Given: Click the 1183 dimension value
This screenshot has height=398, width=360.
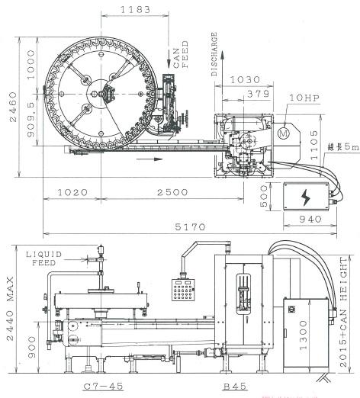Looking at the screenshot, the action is click(135, 10).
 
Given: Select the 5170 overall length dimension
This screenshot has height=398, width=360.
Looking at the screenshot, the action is click(190, 226).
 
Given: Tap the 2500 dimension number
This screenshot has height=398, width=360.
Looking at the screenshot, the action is click(172, 192).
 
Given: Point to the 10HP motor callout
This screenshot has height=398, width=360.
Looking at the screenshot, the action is click(304, 98).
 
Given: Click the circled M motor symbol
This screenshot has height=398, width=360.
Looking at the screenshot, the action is click(284, 133).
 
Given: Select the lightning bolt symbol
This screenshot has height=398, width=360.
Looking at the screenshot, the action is click(306, 197).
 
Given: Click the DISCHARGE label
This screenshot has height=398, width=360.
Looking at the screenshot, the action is click(214, 54).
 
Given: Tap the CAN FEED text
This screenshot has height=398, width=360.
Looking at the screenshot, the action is click(181, 54).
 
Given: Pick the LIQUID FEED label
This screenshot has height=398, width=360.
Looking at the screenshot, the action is click(44, 258).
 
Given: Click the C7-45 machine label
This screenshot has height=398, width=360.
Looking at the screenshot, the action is click(104, 387).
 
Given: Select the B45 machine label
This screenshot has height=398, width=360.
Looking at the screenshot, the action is click(235, 387).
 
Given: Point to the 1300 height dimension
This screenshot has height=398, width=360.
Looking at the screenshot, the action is click(304, 335).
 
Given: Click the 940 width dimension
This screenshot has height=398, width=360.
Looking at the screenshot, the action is click(310, 219).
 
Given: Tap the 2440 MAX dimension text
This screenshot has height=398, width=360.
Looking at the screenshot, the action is click(10, 309).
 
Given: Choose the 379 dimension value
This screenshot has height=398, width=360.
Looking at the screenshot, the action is click(258, 94).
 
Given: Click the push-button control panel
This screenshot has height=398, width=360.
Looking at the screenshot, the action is click(183, 290).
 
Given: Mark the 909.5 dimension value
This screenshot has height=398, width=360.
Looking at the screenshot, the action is click(31, 120).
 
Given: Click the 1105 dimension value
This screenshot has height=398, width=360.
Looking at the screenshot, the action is click(314, 145).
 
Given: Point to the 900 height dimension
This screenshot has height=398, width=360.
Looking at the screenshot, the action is click(32, 347).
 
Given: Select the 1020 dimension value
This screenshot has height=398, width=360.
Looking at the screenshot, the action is click(72, 192).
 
